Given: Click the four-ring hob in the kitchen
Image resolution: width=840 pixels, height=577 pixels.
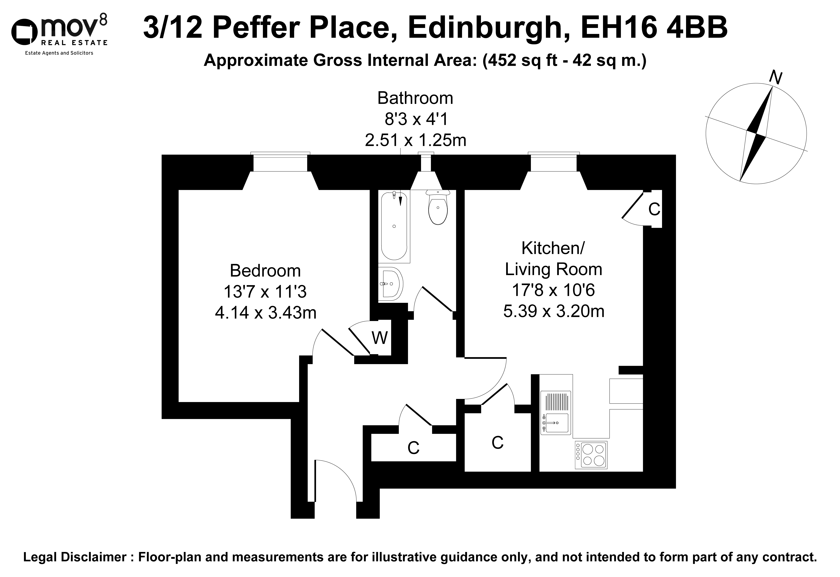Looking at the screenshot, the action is (591, 455).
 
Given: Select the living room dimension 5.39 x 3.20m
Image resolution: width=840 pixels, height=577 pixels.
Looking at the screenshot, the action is (554, 311).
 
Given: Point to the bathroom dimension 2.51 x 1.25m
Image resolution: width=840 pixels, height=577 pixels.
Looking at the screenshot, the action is (415, 140).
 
